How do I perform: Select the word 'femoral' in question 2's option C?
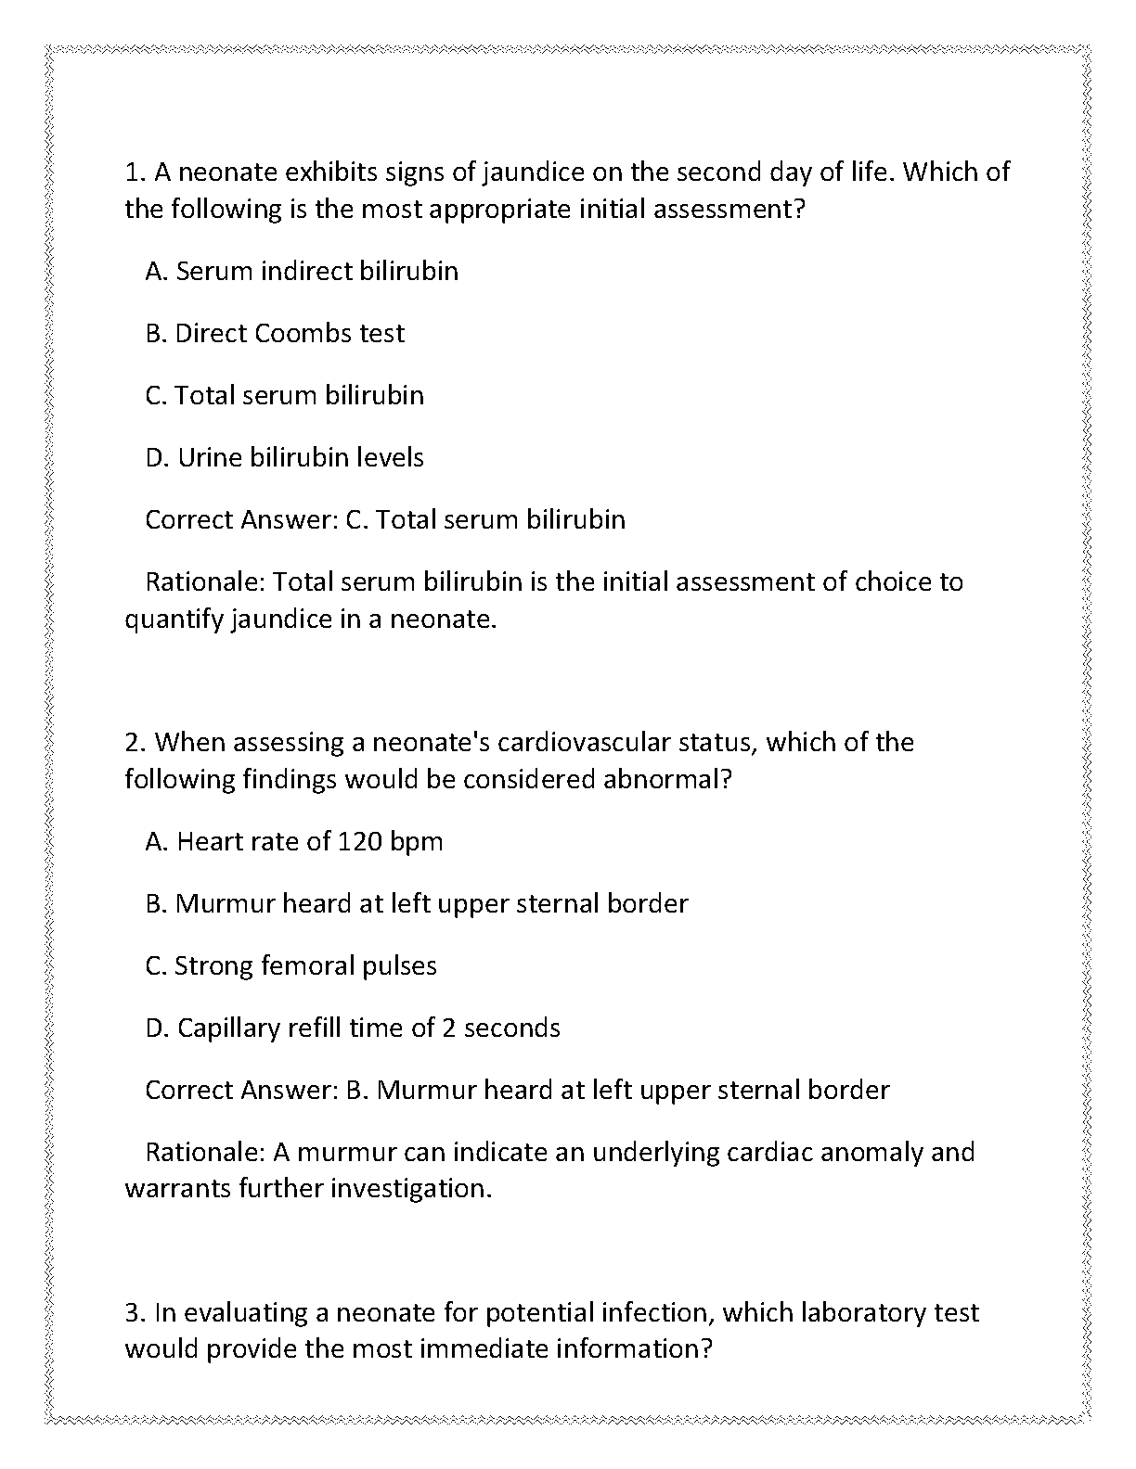point(307,965)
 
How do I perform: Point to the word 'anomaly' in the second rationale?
point(856,1152)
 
